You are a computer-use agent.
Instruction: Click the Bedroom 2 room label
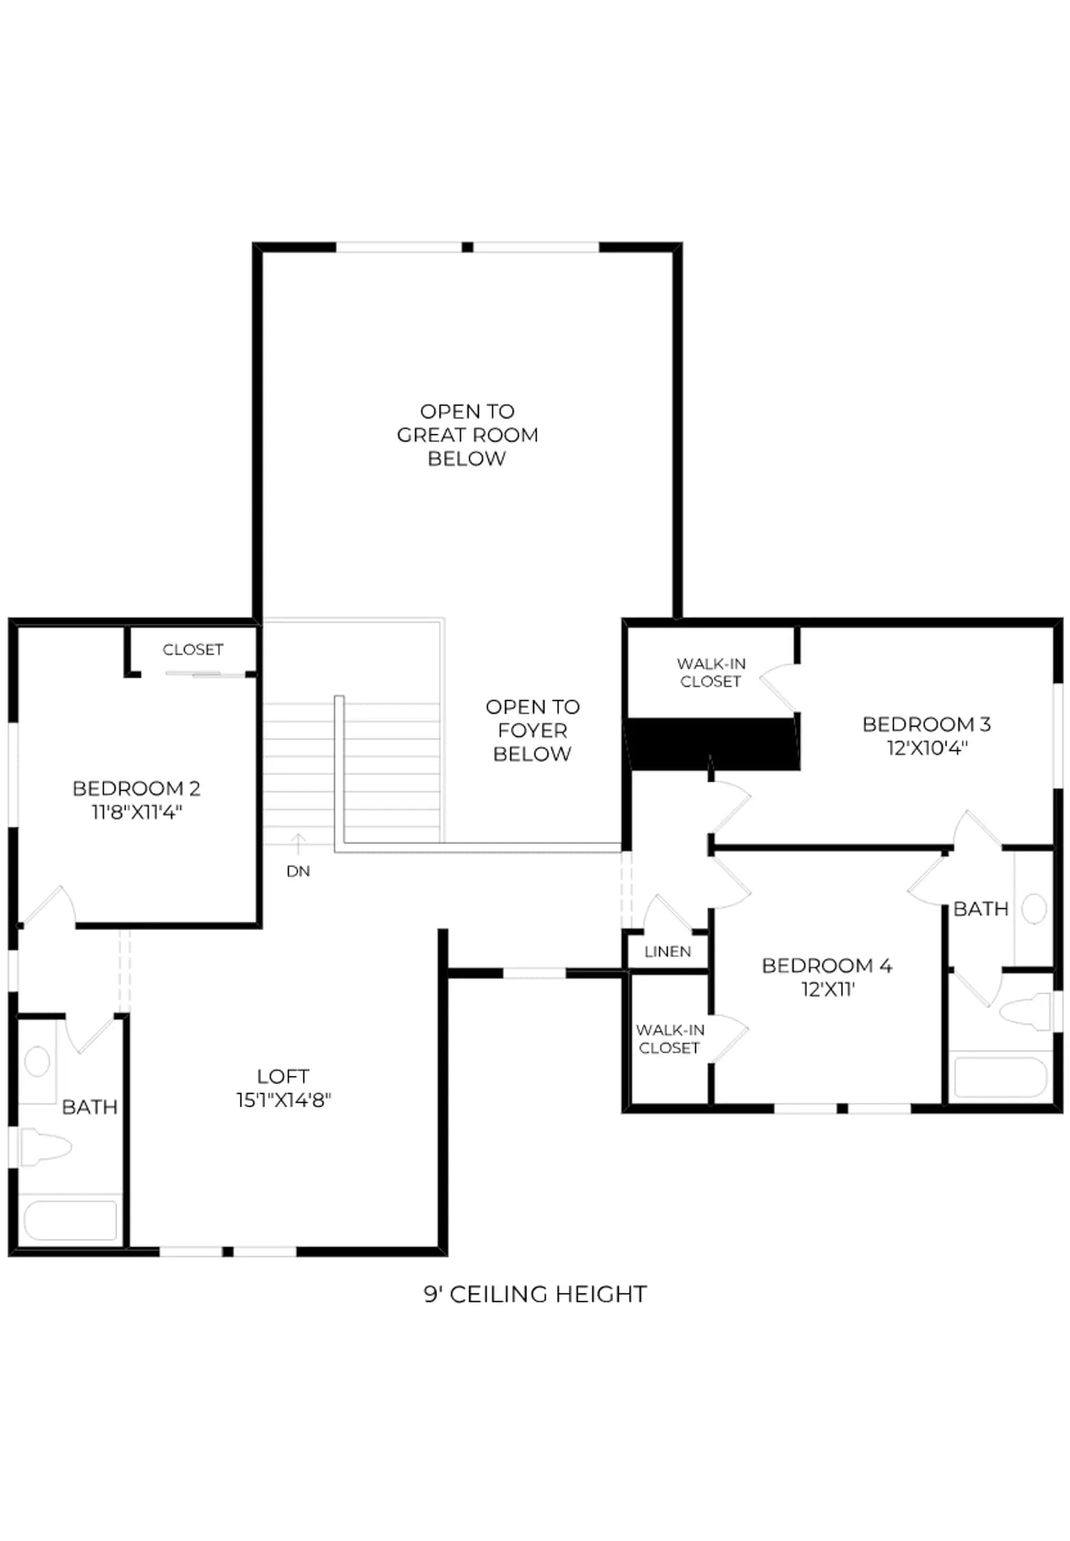tap(136, 788)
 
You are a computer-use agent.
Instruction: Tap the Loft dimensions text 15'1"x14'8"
tap(284, 1100)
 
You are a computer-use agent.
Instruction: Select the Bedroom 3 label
tap(926, 724)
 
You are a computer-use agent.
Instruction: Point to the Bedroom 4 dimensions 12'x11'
tap(828, 989)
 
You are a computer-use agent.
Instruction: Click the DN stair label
tap(298, 871)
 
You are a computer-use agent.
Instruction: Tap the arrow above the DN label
tap(298, 844)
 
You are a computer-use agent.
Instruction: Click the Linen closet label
tap(668, 951)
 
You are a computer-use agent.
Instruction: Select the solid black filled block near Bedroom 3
tap(714, 744)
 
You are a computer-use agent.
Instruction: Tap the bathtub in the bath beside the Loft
tap(70, 1220)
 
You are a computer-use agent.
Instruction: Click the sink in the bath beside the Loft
tap(37, 1062)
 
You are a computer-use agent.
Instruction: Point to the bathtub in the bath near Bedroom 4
tap(1000, 1078)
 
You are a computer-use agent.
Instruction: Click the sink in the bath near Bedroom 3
tap(1034, 909)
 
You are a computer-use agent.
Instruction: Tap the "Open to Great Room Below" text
tap(467, 435)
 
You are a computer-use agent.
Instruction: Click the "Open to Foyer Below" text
tap(532, 730)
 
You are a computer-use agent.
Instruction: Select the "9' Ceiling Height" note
tap(535, 1294)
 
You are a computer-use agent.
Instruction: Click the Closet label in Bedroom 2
tap(193, 649)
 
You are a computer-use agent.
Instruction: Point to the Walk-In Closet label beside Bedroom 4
tap(669, 1039)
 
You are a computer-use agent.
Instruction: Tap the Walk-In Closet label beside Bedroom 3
tap(711, 673)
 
